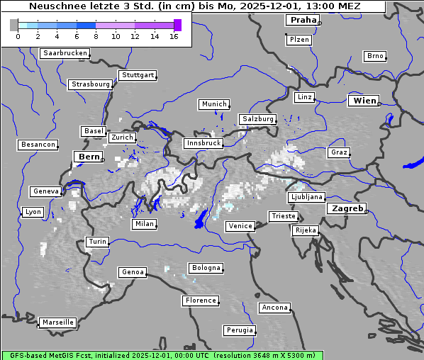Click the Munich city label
[213, 104]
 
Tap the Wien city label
[364, 101]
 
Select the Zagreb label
[347, 208]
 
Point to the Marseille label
[57, 322]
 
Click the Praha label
[303, 20]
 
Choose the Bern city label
[89, 157]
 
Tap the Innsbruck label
[203, 143]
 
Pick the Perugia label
[239, 330]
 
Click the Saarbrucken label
[65, 53]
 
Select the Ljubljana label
[306, 197]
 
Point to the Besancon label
[38, 145]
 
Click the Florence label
[200, 300]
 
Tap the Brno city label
[374, 56]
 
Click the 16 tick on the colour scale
[174, 36]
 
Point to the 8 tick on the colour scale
[95, 36]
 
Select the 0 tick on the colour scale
[17, 36]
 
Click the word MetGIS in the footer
[67, 355]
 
